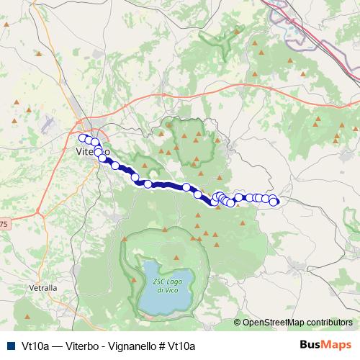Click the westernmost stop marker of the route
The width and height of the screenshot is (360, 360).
pos(83,138)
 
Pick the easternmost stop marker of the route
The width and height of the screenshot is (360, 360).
pos(274,201)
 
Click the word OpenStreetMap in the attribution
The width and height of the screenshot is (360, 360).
pos(274,323)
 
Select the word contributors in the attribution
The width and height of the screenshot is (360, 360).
pos(329,323)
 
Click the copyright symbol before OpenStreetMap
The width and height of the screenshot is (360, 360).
pos(238,323)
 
